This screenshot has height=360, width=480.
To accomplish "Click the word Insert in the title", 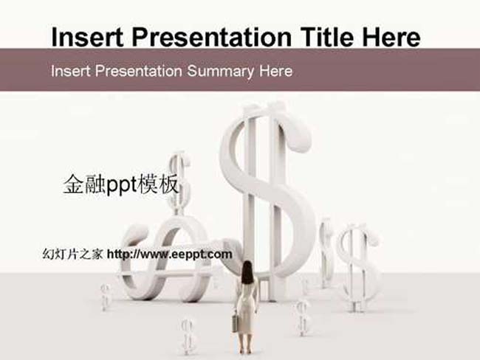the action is point(87,37).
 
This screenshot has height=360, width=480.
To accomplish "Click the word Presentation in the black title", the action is point(211,37).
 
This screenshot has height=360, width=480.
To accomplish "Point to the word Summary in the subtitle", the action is point(221,72).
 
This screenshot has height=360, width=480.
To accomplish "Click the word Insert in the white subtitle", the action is point(71,72).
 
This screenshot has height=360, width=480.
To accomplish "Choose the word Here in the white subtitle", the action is point(276,72).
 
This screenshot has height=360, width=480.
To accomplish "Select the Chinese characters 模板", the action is point(158,184).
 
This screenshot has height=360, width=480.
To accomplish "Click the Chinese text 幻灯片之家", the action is point(72,255).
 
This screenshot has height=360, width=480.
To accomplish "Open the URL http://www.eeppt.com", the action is point(170,255).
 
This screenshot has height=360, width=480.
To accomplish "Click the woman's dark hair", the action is point(247,272).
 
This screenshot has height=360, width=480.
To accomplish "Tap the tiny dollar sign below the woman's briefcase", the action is point(188,336).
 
